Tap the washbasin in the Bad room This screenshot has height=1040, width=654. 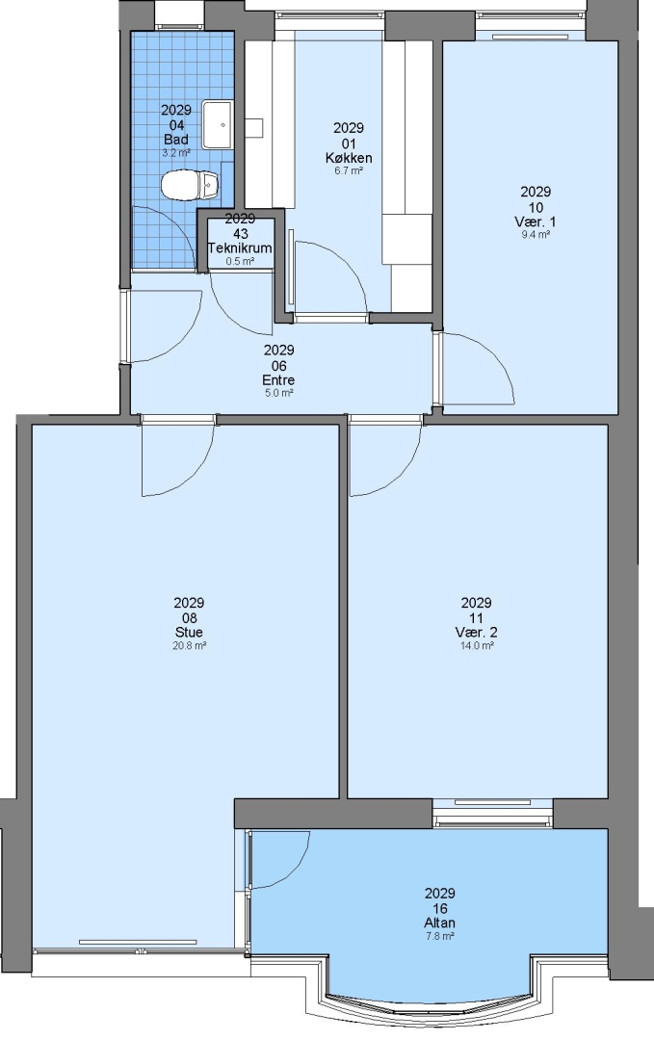217,124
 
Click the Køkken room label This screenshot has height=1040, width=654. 349,158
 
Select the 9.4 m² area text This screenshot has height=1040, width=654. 536,234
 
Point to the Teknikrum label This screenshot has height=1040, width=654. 240,248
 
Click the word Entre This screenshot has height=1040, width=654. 278,380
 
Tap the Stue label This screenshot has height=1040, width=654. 189,632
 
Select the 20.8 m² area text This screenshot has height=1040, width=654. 189,645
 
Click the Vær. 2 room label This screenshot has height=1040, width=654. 476,632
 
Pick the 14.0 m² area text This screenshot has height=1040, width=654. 476,645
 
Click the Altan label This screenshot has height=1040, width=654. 440,923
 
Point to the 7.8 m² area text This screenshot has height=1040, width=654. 440,936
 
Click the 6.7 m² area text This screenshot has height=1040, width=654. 349,170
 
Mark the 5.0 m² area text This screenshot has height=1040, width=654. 278,393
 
